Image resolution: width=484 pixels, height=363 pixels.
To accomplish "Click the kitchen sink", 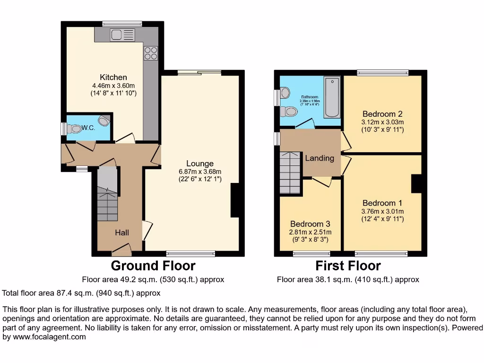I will [x=122, y=35].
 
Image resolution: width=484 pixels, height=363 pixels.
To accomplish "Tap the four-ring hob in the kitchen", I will [x=151, y=53].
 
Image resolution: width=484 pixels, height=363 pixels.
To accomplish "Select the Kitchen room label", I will [x=113, y=77].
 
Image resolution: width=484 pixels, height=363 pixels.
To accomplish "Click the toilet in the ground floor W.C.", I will [x=75, y=128].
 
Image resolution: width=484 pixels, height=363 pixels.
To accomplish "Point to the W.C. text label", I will [x=88, y=128].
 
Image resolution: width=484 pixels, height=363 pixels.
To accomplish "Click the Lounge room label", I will [x=199, y=164].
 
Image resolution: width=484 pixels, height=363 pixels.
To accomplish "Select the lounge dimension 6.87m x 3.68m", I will [x=200, y=172].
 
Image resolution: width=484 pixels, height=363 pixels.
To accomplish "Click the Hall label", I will [x=121, y=233].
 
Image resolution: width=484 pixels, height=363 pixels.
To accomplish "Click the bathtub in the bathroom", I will [x=332, y=98].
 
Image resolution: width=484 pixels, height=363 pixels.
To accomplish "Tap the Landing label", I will [x=320, y=158].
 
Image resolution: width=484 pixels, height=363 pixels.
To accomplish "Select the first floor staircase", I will [x=290, y=173].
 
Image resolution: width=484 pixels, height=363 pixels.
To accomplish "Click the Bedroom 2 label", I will [x=382, y=114].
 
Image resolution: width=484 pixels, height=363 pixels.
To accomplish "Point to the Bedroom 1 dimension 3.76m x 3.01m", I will [x=382, y=211].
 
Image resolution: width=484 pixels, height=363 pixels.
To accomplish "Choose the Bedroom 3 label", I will [x=310, y=224].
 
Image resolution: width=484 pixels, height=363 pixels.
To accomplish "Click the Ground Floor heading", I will [x=153, y=266].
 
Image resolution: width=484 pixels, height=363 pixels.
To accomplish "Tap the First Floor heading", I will [x=348, y=266].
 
